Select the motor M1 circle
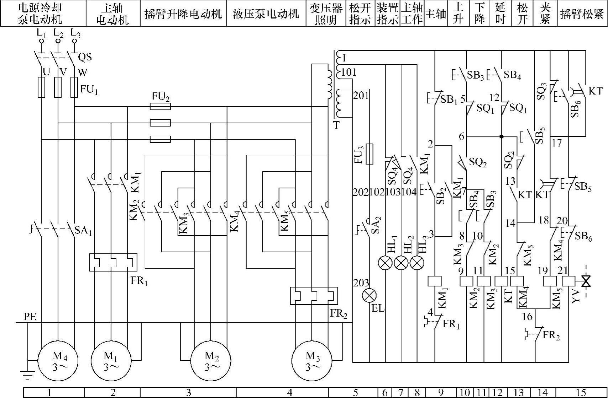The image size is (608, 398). pos(111,360)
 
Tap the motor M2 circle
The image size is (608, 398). pos(210,360)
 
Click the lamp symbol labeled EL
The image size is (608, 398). pos(369,296)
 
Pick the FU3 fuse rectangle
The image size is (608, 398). pos(369,154)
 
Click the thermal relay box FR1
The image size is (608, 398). pos(113,262)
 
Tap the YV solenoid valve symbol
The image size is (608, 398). pos(586,282)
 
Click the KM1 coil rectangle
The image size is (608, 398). pos(435,281)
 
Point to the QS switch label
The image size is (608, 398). pos(85,57)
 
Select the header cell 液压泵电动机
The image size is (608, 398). pos(266,14)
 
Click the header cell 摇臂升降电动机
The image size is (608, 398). pos(183,14)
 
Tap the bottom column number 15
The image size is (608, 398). pos(581,393)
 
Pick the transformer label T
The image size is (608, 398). pos(336,125)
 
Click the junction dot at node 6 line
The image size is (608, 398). pos(501,136)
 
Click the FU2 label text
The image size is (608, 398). pos(161,97)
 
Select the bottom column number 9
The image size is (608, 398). pos(441,393)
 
